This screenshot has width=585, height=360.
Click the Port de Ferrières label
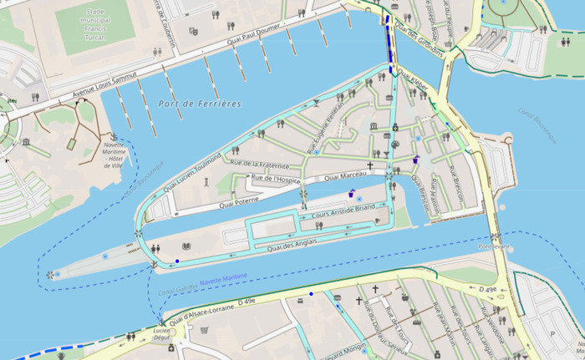(x=198, y=103)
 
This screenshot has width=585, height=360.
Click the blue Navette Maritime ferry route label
(x=223, y=277)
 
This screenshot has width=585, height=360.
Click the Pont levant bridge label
(x=495, y=246)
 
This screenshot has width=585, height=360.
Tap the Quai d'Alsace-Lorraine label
(x=202, y=311)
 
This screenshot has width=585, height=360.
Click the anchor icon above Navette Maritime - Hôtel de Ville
(x=113, y=136)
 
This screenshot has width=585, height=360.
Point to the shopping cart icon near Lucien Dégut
(x=204, y=330)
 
